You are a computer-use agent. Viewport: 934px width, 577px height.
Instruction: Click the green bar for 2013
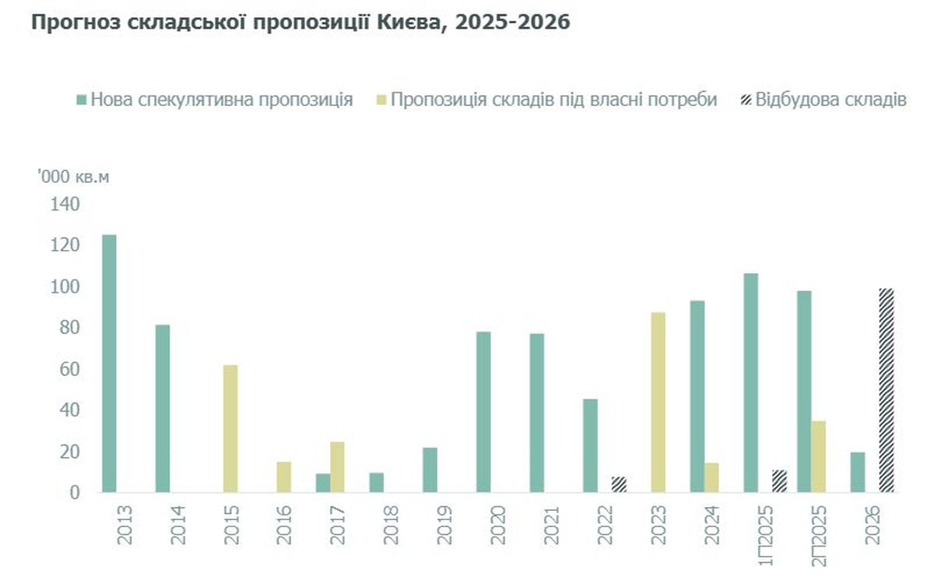pos(109,364)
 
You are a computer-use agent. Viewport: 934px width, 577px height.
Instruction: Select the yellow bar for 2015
pos(230,428)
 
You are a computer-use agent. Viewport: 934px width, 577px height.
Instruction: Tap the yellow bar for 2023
pos(658,403)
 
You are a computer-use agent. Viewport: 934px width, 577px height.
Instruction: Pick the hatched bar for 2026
pos(887,390)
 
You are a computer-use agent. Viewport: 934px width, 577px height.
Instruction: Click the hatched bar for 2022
pos(620,484)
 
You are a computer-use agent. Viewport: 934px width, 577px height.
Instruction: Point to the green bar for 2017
pos(323,483)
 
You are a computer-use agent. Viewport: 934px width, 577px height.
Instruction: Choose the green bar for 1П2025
pos(750,382)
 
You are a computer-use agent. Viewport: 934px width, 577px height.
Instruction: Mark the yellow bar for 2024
pos(711,477)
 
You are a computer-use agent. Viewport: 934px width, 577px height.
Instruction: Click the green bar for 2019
pos(430,470)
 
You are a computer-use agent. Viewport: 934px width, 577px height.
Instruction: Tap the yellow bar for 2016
pos(284,477)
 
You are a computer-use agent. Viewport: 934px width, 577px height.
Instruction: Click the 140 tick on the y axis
pos(65,204)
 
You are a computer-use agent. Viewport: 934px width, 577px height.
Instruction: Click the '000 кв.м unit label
pos(73,177)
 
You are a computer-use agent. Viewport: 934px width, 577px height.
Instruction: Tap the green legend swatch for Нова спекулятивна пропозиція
pos(80,100)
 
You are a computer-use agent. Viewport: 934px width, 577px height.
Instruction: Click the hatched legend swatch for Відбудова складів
pos(745,100)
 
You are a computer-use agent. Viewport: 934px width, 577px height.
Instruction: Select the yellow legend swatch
pos(380,100)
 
